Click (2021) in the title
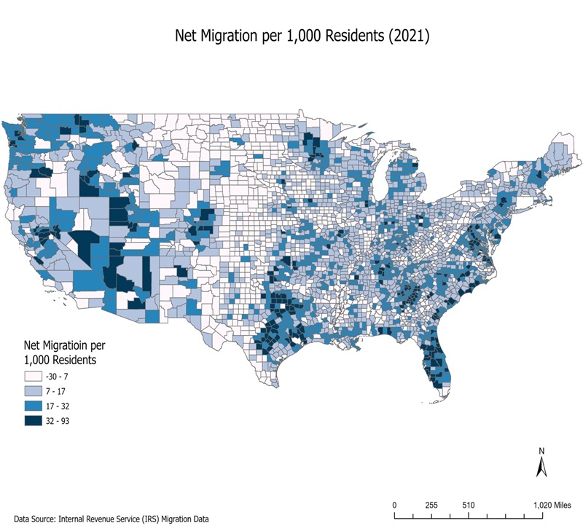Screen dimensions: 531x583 click(x=408, y=35)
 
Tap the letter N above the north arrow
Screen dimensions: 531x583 click(x=541, y=450)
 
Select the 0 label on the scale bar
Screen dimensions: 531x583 click(x=394, y=505)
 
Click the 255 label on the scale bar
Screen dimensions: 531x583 click(x=431, y=505)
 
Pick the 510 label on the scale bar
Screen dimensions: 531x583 click(x=468, y=505)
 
